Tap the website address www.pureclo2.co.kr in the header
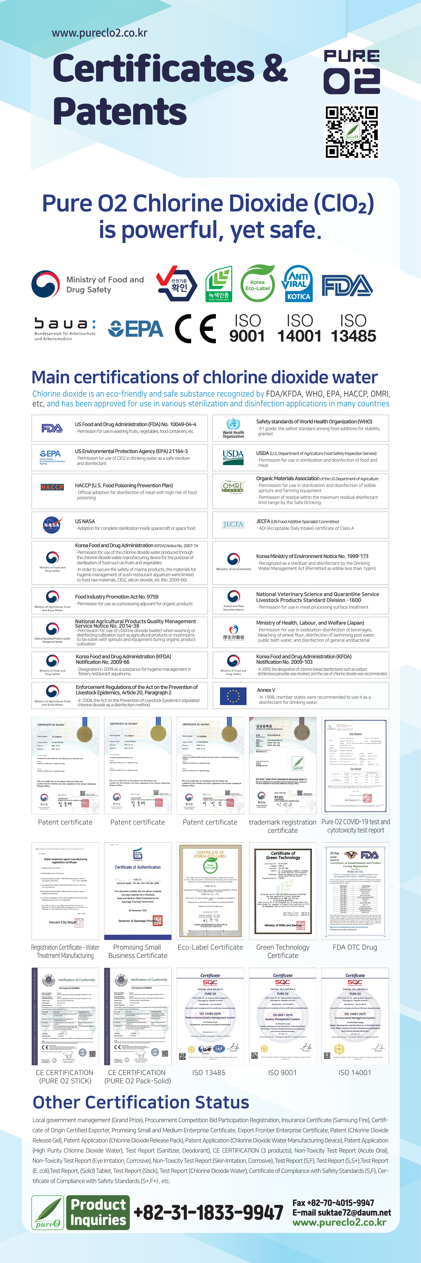[99, 33]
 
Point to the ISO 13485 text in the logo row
[353, 328]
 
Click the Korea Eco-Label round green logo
[257, 283]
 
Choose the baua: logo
[65, 328]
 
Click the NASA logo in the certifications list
[52, 525]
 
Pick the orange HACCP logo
[52, 487]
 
